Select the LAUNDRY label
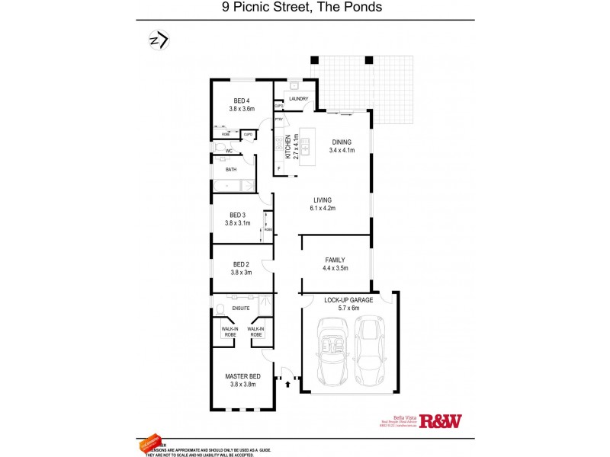(x=298, y=98)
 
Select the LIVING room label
(x=323, y=200)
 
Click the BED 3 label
(x=237, y=215)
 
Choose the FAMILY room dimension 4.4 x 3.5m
(x=335, y=268)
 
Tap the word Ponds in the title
(x=362, y=8)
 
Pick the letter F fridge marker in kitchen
(x=279, y=168)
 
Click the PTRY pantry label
(x=279, y=119)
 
